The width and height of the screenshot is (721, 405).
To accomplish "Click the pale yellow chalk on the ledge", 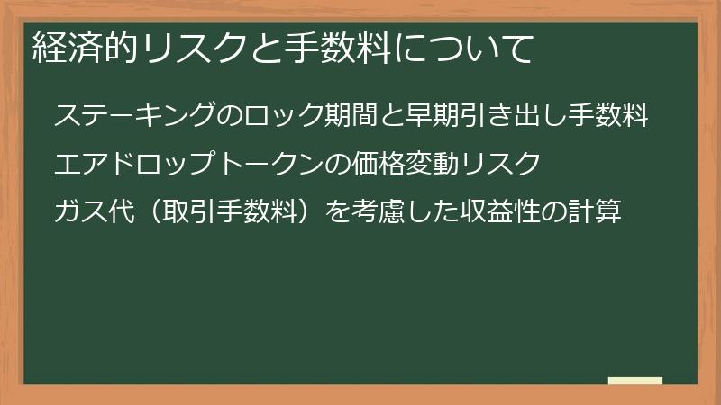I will (635, 381).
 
